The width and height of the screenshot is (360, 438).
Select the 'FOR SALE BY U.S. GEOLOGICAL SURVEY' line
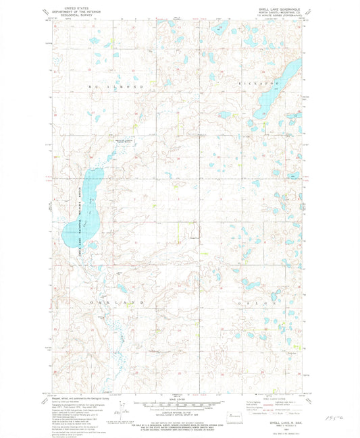(x=180, y=420)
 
